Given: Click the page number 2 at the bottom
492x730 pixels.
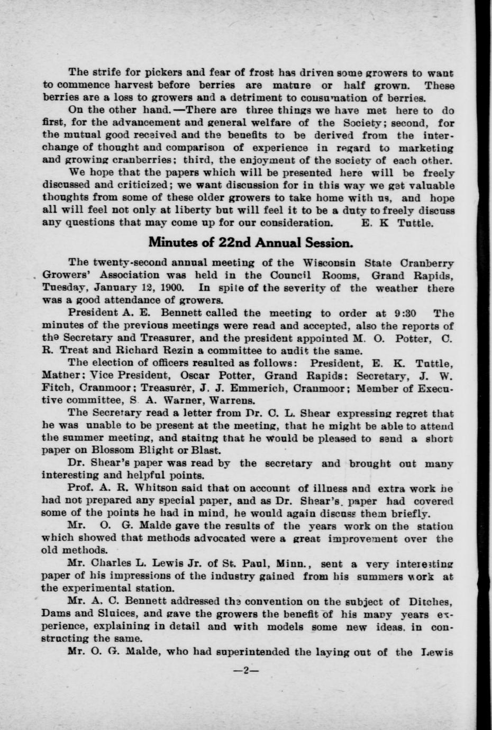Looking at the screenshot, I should [246, 670].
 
